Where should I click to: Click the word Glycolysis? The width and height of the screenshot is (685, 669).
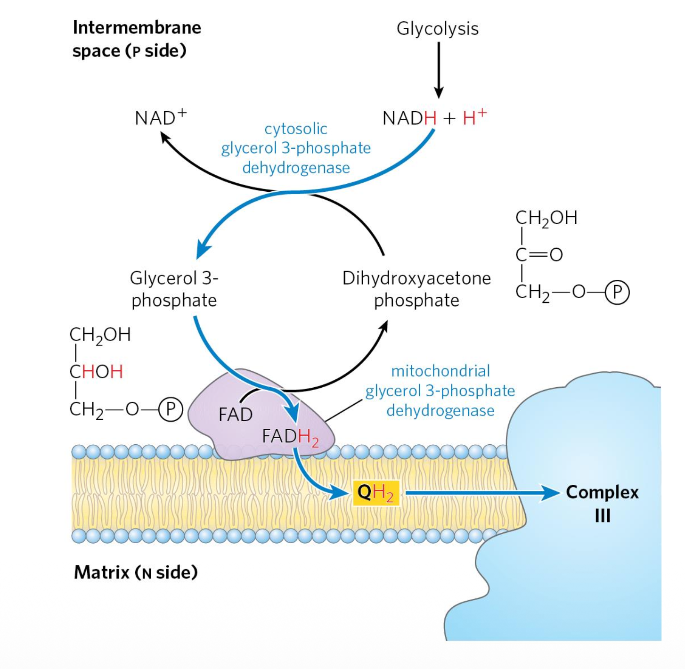[437, 28]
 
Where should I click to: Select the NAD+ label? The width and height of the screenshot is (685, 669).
[160, 117]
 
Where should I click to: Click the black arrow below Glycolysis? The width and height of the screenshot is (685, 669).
[438, 71]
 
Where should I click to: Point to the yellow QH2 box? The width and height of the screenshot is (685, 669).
[375, 493]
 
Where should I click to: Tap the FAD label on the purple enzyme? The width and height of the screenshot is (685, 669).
[235, 415]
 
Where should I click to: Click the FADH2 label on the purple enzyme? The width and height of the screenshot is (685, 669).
[290, 437]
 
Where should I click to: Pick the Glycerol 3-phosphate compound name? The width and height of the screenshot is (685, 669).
[174, 289]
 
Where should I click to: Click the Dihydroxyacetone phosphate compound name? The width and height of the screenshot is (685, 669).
[416, 289]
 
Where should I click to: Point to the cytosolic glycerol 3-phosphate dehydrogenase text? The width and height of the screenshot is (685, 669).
[296, 148]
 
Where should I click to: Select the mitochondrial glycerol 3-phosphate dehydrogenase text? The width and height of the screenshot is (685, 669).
[440, 391]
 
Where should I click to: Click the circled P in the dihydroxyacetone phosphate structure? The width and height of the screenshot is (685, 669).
[617, 292]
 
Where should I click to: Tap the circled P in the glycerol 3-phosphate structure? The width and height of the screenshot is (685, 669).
[171, 409]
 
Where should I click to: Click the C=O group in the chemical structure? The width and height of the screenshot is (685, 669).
[539, 254]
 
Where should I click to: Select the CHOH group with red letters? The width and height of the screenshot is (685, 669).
[96, 372]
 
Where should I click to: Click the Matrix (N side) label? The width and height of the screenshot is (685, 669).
[136, 572]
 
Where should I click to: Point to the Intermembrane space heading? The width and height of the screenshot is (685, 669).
[136, 39]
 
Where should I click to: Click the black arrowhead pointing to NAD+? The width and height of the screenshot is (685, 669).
[165, 137]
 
